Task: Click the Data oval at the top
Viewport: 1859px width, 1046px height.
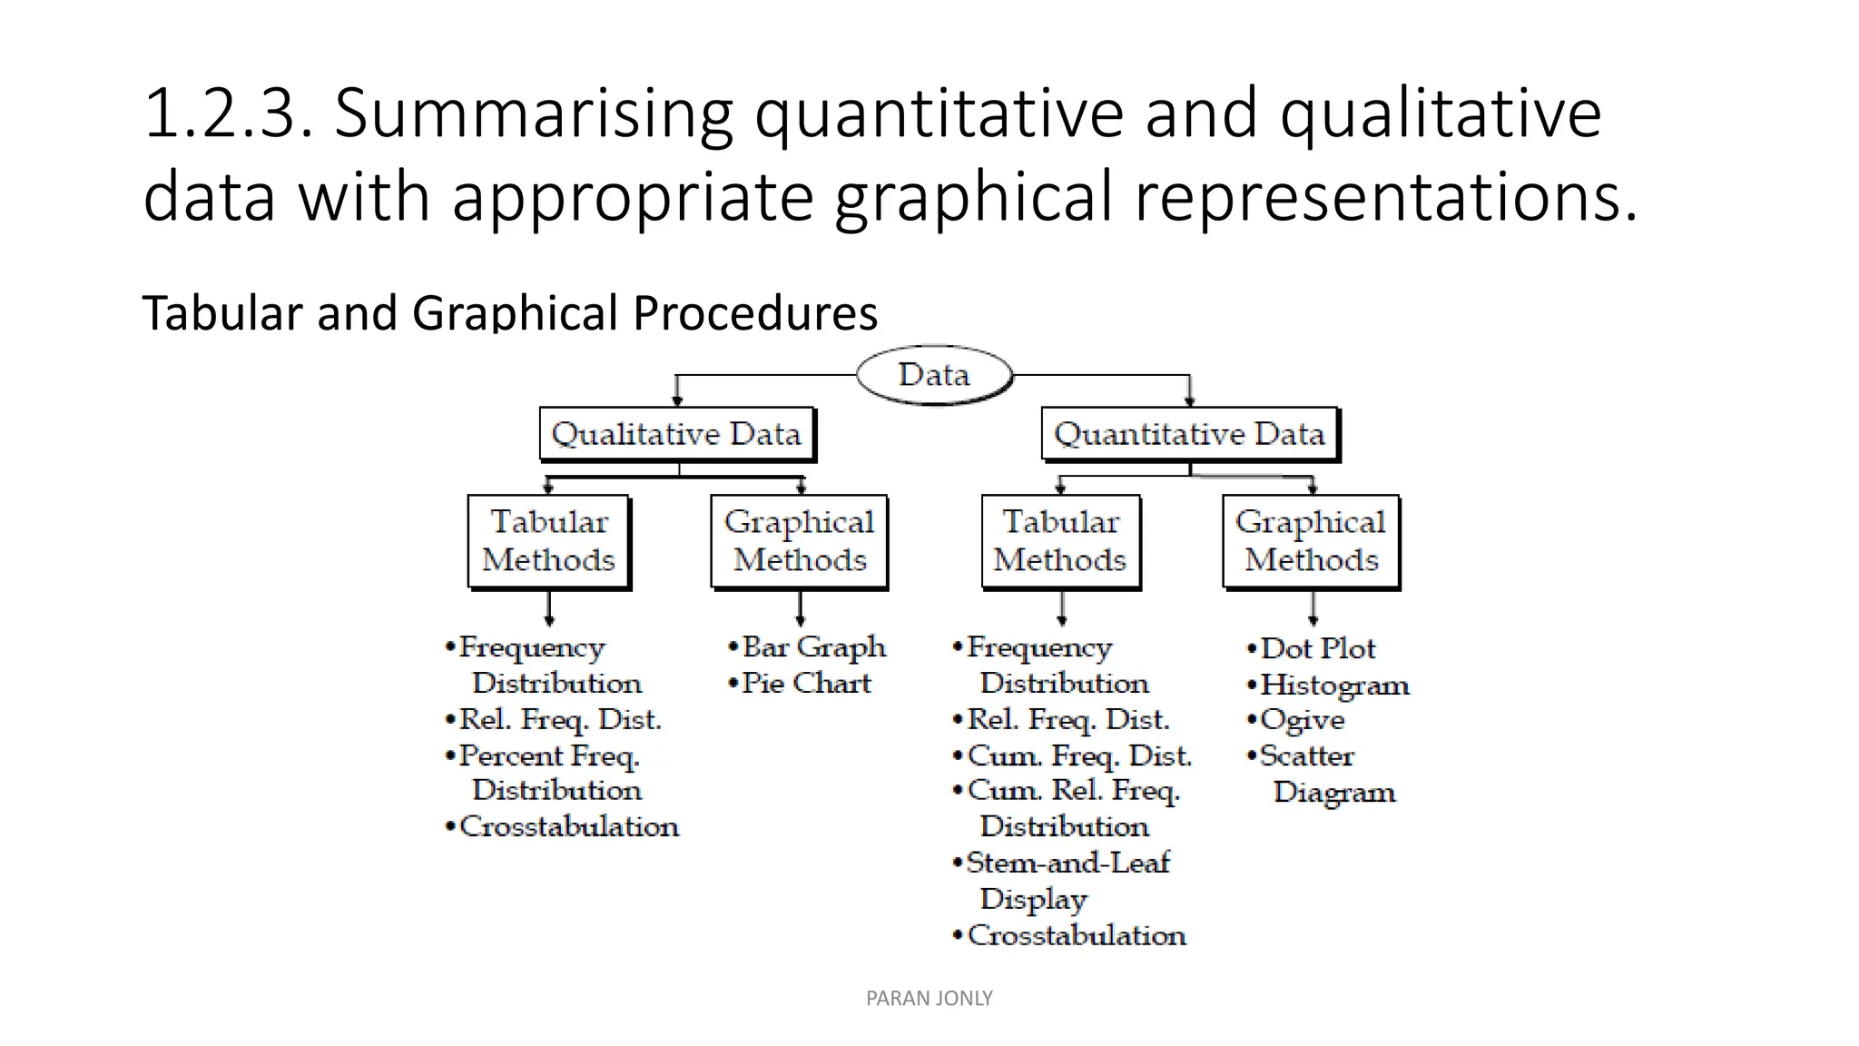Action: coord(934,374)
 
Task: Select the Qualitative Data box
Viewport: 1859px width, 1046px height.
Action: coord(676,434)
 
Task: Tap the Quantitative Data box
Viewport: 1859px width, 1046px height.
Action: coord(1189,434)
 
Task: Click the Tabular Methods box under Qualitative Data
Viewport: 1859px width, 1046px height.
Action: coord(548,541)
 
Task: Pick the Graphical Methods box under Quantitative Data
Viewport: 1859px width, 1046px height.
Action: coord(1311,541)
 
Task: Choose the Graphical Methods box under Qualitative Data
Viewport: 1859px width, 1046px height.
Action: coord(799,541)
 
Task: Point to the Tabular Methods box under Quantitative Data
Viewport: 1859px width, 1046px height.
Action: coord(1060,541)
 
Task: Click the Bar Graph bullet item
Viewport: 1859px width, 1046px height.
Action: coord(812,646)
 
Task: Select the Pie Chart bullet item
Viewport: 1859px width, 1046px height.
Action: coord(805,683)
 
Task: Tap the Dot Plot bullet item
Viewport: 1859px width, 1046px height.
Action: coord(1317,648)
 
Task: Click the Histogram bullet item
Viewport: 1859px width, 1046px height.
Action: coord(1333,685)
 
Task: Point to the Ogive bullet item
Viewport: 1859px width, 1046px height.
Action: coord(1302,720)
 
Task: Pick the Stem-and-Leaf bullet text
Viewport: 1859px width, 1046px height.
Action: coord(1067,863)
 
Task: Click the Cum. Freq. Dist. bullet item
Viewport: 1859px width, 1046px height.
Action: coord(1078,755)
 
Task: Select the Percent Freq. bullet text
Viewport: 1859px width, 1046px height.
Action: coord(548,755)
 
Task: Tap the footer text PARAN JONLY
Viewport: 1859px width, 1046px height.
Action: coord(929,998)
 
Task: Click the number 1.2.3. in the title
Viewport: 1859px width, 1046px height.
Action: coord(228,113)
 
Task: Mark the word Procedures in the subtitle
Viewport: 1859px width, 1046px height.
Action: coord(755,312)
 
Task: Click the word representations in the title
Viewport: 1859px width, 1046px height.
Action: coord(1386,197)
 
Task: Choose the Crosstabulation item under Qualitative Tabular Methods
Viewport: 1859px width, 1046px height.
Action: coord(568,826)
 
